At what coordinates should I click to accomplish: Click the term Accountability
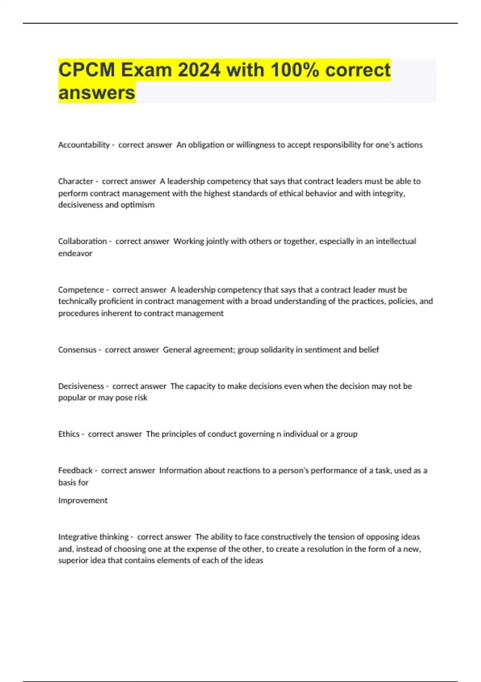click(x=84, y=145)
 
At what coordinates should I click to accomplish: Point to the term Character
click(x=76, y=181)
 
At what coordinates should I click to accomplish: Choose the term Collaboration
click(x=83, y=241)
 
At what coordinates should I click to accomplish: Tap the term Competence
click(x=81, y=290)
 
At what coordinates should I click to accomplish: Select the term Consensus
click(x=77, y=350)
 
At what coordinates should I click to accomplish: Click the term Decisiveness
click(x=81, y=386)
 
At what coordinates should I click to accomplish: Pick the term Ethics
click(x=69, y=434)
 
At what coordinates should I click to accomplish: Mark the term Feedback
click(x=75, y=470)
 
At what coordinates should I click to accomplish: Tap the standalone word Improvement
click(x=83, y=500)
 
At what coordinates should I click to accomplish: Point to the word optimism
click(x=137, y=205)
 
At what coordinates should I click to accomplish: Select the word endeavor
click(x=75, y=254)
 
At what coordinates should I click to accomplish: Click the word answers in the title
click(x=97, y=93)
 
